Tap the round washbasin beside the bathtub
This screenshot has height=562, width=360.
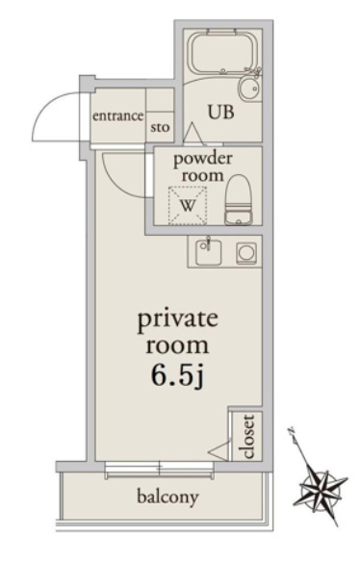tap(249, 89)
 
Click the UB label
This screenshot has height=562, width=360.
tap(221, 113)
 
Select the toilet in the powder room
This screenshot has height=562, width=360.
tap(239, 199)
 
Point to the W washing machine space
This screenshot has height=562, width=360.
tap(188, 206)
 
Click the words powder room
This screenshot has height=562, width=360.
tap(202, 167)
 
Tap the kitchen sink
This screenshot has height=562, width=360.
tap(208, 252)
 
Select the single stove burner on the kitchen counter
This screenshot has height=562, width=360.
tap(246, 253)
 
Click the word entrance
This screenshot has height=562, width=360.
tap(118, 116)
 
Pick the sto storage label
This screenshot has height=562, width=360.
tap(160, 127)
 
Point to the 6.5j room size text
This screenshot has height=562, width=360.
tap(177, 376)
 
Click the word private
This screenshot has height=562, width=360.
tap(178, 319)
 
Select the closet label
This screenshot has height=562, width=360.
tap(248, 437)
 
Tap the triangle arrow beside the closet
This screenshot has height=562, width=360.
tap(219, 450)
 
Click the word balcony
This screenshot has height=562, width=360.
tap(167, 498)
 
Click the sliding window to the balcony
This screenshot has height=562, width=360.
tap(160, 469)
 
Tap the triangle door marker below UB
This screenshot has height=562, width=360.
tap(194, 134)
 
